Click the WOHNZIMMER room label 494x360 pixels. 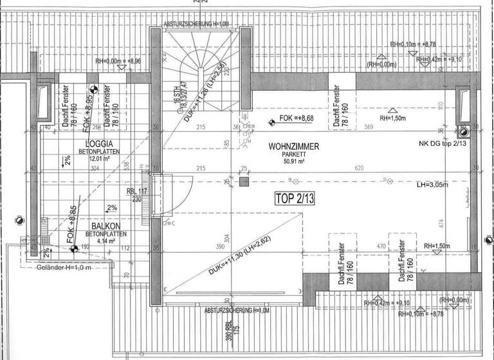coord(294,147)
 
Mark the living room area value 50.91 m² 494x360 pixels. coord(294,162)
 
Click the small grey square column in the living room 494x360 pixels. coord(244,182)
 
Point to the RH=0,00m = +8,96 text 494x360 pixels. coord(121,62)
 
